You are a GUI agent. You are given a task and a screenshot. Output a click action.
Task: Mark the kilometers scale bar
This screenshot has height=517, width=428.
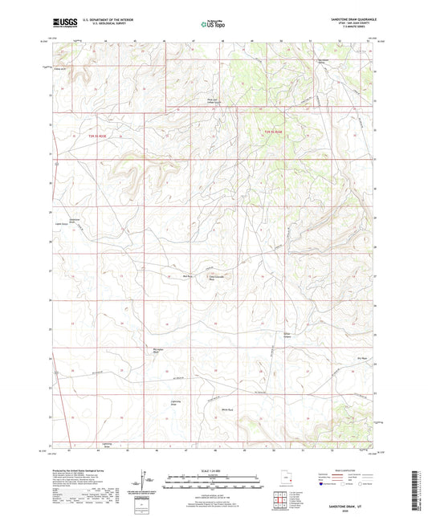coord(213,477)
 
